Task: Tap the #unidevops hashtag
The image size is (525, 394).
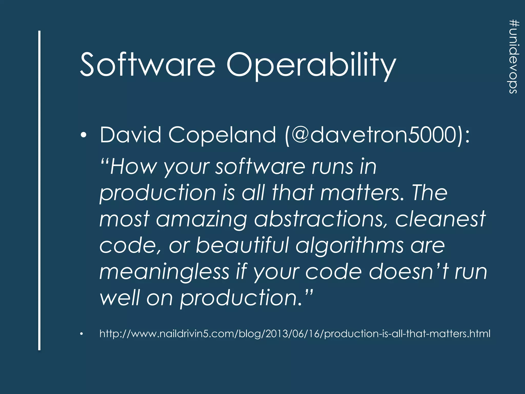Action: click(x=514, y=56)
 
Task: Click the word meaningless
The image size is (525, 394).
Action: click(x=164, y=272)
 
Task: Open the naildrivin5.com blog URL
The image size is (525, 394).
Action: click(x=295, y=334)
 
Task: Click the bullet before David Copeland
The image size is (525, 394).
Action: click(x=83, y=135)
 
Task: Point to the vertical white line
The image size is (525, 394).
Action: click(x=39, y=190)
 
